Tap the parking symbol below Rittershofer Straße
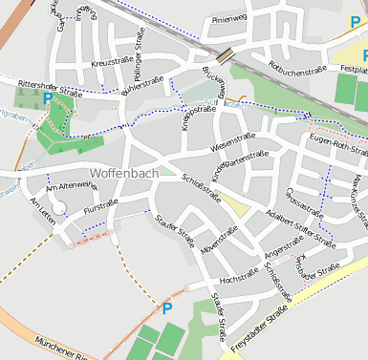pos(48,98)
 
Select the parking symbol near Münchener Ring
pos(167,307)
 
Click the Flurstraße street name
pos(101,204)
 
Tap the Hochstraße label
pos(241,278)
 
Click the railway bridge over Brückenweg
pos(228,55)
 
